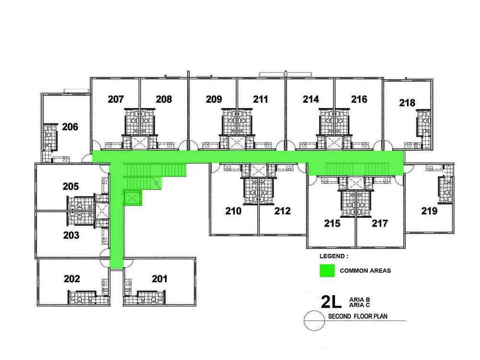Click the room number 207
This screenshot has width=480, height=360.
pyautogui.click(x=116, y=99)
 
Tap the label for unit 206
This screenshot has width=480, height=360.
pyautogui.click(x=70, y=127)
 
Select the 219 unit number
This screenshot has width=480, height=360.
pyautogui.click(x=429, y=211)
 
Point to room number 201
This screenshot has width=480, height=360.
pyautogui.click(x=159, y=279)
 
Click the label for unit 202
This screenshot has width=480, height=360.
pyautogui.click(x=72, y=279)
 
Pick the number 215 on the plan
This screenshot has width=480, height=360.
pyautogui.click(x=332, y=224)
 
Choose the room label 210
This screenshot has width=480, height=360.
pyautogui.click(x=233, y=211)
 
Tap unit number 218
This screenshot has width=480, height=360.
pyautogui.click(x=407, y=103)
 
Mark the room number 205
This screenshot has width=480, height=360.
pyautogui.click(x=71, y=186)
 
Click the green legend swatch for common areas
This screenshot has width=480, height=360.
pyautogui.click(x=327, y=271)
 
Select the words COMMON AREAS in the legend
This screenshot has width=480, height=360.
pyautogui.click(x=365, y=271)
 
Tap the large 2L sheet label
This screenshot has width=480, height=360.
pyautogui.click(x=331, y=301)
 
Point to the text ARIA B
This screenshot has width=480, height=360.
pyautogui.click(x=360, y=300)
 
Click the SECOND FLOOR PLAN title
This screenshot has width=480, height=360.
pyautogui.click(x=358, y=316)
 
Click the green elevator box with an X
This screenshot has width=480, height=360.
pyautogui.click(x=132, y=198)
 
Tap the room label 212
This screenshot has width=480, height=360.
pyautogui.click(x=282, y=211)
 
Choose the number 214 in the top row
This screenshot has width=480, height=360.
pyautogui.click(x=311, y=99)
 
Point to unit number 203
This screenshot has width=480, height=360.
pyautogui.click(x=72, y=235)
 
